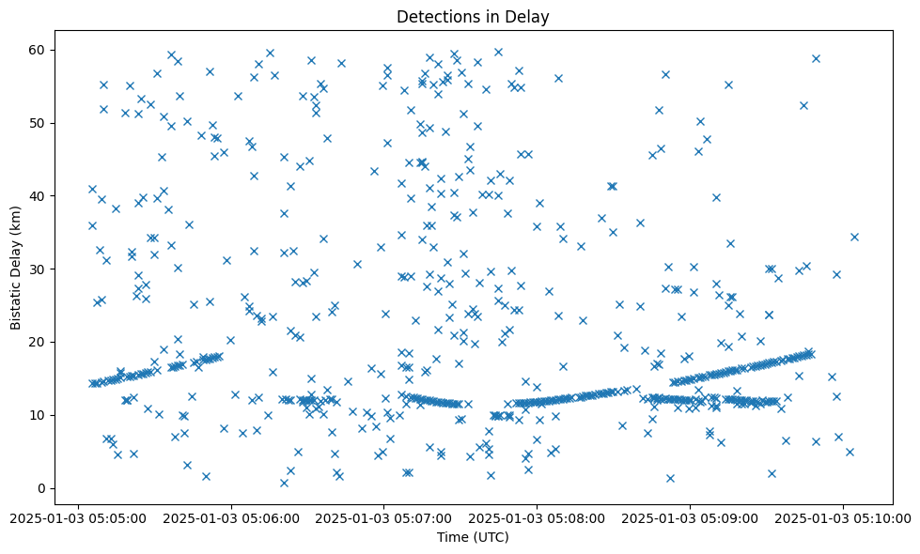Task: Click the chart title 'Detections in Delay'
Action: click(473, 16)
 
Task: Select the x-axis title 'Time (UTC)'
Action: click(473, 537)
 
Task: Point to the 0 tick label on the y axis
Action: click(42, 488)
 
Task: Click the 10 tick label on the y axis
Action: click(39, 415)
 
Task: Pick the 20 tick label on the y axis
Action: click(39, 342)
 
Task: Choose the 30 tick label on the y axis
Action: click(39, 269)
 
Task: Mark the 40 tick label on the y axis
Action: click(39, 195)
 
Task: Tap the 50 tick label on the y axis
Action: click(39, 123)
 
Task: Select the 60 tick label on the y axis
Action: click(39, 50)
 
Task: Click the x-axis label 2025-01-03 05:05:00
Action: click(77, 517)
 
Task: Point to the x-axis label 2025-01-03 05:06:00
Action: click(230, 517)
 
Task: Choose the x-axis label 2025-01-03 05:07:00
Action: click(383, 517)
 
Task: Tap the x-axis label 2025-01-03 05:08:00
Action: click(537, 517)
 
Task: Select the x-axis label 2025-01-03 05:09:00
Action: click(690, 517)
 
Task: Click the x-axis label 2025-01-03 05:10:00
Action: click(843, 517)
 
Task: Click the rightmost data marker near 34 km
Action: click(854, 237)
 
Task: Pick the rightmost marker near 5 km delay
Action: click(850, 452)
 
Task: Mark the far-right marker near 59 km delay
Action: click(816, 58)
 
